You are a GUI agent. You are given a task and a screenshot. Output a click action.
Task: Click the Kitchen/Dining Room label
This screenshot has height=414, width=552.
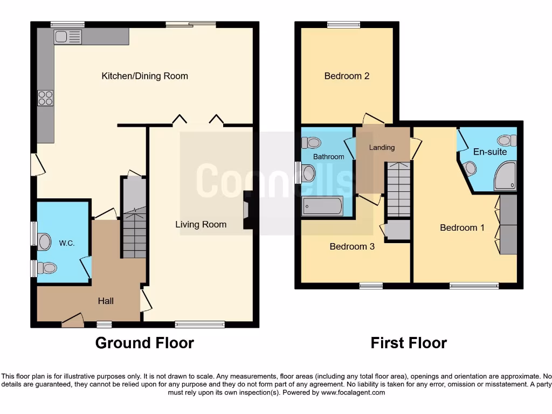[x=144, y=76]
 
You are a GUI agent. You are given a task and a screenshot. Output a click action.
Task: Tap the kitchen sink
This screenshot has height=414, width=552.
[x=67, y=37]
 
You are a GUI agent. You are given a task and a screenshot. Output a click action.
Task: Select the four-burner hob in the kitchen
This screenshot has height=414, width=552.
[x=45, y=98]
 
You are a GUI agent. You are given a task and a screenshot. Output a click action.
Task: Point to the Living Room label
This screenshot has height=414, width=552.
[x=201, y=224]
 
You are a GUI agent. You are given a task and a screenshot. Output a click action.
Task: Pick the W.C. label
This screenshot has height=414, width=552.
[x=67, y=243]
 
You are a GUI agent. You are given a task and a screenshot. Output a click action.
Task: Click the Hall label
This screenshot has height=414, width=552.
[x=106, y=301]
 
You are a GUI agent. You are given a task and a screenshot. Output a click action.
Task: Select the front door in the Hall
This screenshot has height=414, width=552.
[x=72, y=321]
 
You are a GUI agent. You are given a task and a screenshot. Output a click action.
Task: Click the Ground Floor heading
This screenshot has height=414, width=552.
[x=144, y=342]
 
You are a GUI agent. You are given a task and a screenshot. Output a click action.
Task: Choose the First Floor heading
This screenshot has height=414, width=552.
[x=409, y=342]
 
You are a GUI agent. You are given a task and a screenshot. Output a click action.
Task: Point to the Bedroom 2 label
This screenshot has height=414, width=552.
[x=347, y=76]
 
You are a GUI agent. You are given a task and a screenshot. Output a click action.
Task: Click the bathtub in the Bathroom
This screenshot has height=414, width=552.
[x=322, y=206]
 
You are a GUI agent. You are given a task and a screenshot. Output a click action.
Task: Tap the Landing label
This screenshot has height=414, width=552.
[x=382, y=147]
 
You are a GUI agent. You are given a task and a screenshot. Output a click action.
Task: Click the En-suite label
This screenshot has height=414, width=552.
[x=490, y=152]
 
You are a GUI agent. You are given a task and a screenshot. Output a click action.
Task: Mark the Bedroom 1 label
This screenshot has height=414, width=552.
[x=462, y=227]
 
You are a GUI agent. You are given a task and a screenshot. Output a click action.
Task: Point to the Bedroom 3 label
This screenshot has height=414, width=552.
[x=352, y=246]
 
